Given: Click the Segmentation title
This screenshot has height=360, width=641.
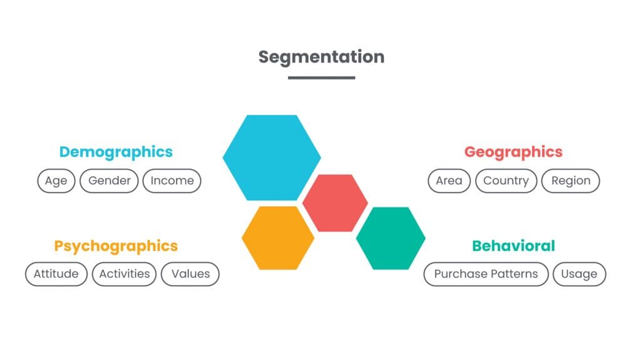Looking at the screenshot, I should click(x=321, y=56).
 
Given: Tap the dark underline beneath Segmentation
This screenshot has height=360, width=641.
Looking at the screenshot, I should click(x=321, y=78).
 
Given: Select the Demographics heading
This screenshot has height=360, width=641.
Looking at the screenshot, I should click(x=116, y=152).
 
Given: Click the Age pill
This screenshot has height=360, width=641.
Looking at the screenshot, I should click(x=56, y=181).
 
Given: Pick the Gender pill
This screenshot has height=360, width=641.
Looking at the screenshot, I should click(x=110, y=181).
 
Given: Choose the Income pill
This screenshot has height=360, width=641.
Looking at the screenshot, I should click(x=172, y=181).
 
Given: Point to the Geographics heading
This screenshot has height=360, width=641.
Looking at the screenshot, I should click(x=513, y=152).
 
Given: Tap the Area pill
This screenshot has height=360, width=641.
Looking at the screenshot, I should click(x=449, y=181).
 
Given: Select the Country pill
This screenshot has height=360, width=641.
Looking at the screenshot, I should click(x=506, y=181).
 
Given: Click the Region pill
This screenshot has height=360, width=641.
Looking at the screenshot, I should click(x=570, y=181).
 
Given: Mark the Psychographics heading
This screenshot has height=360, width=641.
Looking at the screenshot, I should click(x=116, y=246).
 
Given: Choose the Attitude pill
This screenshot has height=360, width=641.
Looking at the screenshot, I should click(x=56, y=274).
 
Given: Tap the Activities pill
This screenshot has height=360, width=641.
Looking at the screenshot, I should click(x=125, y=274).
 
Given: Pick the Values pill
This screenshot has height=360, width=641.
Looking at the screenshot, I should click(x=190, y=274).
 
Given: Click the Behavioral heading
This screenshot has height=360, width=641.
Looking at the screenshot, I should click(x=513, y=246).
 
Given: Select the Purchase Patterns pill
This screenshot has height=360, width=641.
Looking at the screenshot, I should click(x=486, y=274).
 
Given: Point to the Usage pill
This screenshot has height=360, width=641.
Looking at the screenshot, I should click(x=579, y=274).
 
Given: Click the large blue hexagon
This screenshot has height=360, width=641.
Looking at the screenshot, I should click(x=272, y=157).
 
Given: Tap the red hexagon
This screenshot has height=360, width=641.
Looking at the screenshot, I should click(x=335, y=203).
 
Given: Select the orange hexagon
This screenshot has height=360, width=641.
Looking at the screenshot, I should click(x=278, y=237).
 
